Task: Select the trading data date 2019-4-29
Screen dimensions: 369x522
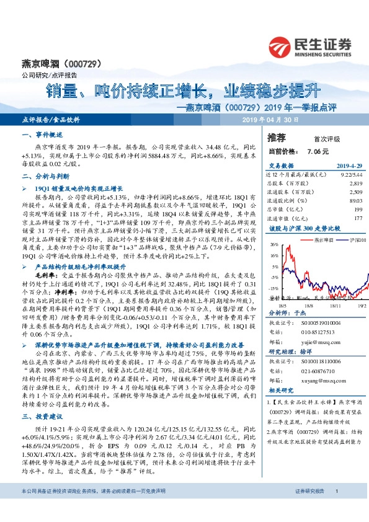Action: tap(349, 166)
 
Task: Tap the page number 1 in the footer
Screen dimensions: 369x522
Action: tap(336, 508)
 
